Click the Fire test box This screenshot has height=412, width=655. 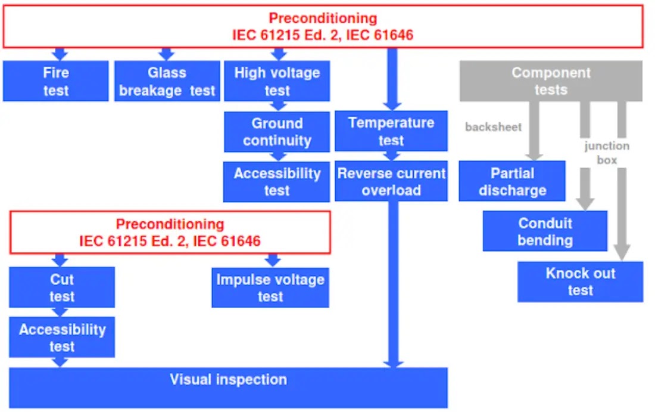point(55,81)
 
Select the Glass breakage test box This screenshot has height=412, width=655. point(167,81)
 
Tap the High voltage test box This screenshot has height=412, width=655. point(277,81)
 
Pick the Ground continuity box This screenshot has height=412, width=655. point(277,132)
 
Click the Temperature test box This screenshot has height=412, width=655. point(391,131)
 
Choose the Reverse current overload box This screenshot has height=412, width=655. point(391,181)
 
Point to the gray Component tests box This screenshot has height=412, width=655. point(551,80)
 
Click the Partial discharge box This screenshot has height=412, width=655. point(512,181)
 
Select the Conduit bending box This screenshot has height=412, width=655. point(545,231)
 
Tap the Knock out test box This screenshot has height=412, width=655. point(580,281)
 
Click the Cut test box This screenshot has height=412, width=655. point(62,287)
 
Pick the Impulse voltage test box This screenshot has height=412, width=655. point(270,287)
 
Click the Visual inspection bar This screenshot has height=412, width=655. point(228,388)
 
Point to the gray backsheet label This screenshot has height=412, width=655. point(494,127)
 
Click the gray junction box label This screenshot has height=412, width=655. point(607,153)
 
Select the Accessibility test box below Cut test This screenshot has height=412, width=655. point(62,337)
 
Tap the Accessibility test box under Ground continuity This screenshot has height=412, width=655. point(276,181)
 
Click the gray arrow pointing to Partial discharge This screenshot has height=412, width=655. point(534,131)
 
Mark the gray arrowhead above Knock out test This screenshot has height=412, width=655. point(622,253)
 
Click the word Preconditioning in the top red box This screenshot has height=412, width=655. point(323,18)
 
